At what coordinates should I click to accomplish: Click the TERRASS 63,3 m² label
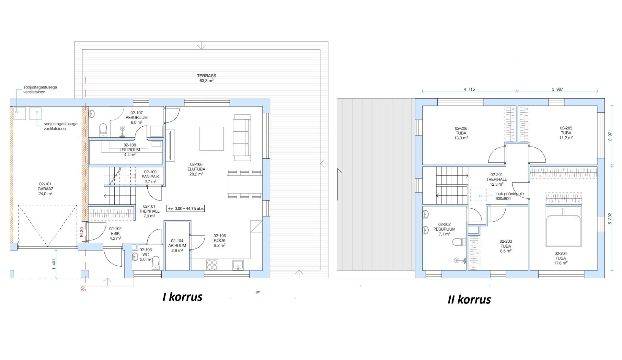point(206,78)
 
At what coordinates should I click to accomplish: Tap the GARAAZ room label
point(45,189)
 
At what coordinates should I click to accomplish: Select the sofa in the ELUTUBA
point(242,137)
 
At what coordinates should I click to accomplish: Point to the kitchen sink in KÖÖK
point(238,265)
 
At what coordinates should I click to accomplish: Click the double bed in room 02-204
point(563,227)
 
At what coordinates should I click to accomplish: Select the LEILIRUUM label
point(130,150)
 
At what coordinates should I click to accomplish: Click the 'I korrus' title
point(182,297)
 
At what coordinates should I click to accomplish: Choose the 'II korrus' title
point(469,299)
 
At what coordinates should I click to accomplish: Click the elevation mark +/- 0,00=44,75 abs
point(186,208)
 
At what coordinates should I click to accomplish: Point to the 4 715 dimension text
point(469,89)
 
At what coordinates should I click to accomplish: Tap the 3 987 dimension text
point(557,89)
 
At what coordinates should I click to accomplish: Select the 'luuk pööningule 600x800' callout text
point(509,196)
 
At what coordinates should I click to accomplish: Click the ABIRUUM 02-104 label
point(177,245)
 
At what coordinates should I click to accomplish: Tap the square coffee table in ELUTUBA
point(212,139)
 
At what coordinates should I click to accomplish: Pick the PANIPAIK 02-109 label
point(150,177)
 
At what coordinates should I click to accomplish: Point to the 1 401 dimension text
point(54,264)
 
